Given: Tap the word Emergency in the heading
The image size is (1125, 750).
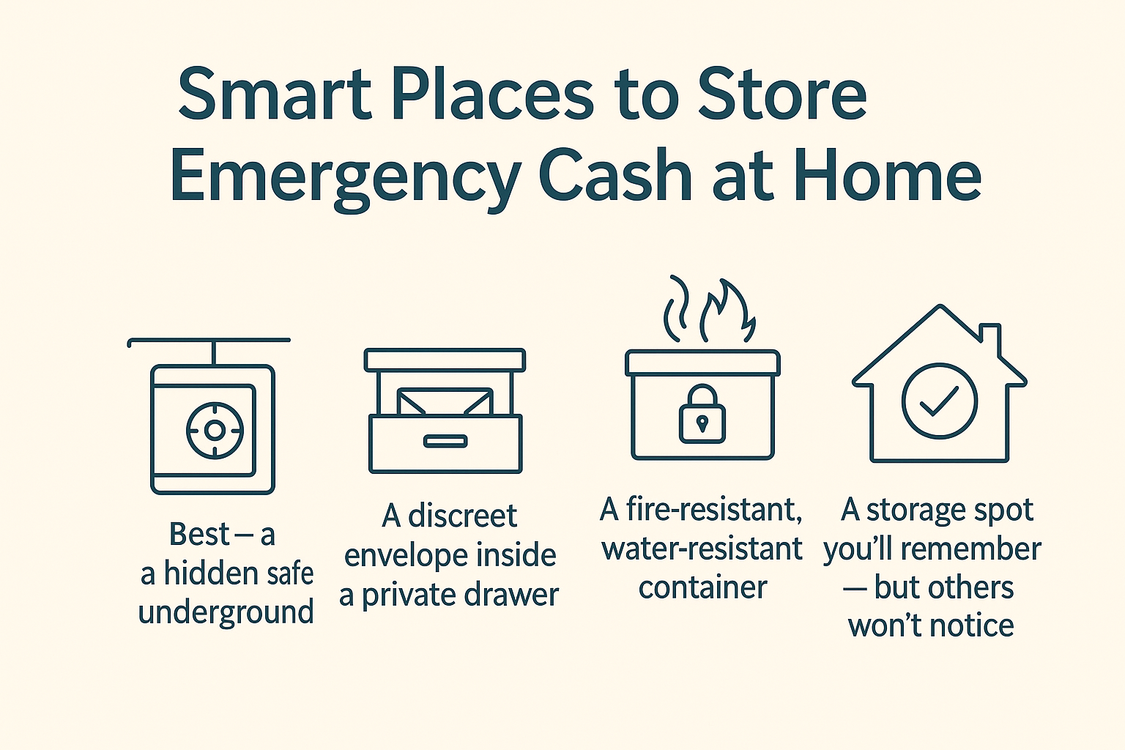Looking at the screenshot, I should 344,177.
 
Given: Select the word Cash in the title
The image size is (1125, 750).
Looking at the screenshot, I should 615,177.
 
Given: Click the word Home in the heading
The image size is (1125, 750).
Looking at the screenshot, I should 887,177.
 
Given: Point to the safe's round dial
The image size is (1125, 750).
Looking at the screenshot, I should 214,430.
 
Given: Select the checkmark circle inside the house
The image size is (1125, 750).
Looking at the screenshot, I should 939,401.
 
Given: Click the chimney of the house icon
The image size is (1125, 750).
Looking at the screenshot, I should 990,338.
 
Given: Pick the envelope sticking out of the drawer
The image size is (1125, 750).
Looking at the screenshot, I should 445,401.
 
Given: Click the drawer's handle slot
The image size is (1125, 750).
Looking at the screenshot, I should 445,441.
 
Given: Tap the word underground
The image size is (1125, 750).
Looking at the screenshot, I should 226,612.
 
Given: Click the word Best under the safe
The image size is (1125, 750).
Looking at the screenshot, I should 199,534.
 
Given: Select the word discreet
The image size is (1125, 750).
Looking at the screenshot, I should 462,516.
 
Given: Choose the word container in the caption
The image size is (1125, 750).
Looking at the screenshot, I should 702,587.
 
